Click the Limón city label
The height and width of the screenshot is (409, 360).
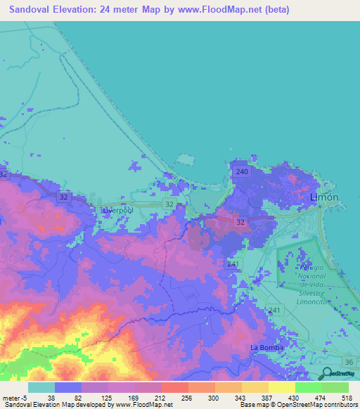(324, 197)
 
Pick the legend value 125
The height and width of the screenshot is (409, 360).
(108, 397)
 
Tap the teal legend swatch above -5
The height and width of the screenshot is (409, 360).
(41, 387)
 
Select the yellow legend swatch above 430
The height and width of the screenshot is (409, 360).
(282, 387)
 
